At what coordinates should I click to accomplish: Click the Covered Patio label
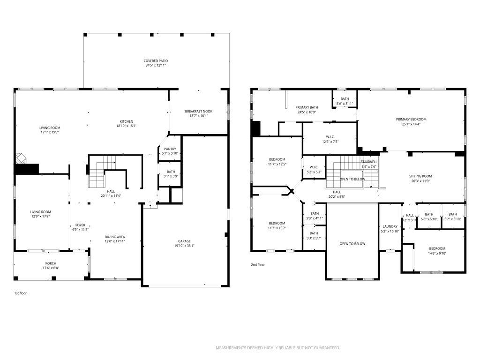[156, 61]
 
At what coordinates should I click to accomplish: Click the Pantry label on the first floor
[170, 149]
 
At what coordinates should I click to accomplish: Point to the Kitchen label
[127, 121]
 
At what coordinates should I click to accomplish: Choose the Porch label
[51, 263]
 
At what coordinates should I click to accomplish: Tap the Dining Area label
[115, 237]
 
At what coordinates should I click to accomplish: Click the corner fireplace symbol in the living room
[20, 157]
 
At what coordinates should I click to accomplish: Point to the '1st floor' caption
[20, 293]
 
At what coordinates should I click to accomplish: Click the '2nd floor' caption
[257, 265]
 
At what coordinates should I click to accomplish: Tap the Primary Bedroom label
[411, 120]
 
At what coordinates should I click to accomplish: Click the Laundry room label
[390, 226]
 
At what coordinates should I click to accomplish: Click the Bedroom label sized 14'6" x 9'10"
[437, 248]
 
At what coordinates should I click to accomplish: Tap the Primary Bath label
[307, 107]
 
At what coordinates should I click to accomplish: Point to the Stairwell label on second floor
[369, 162]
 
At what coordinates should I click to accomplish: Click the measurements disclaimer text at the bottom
[277, 348]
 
